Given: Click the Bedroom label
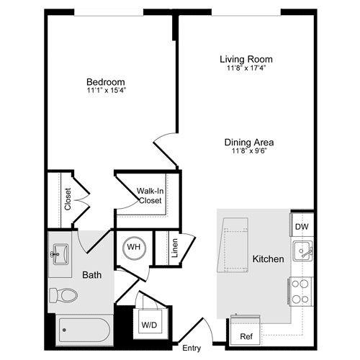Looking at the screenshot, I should [x=106, y=82].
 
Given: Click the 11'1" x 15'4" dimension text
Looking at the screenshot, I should [x=106, y=91].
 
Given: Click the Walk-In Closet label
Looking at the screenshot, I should [x=149, y=196].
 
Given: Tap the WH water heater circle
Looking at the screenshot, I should [x=134, y=247].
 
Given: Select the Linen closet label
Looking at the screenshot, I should [x=175, y=248].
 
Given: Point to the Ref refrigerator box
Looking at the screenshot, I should [x=246, y=336].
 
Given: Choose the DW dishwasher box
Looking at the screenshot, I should [x=302, y=227].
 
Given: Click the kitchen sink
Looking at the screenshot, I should [x=303, y=252].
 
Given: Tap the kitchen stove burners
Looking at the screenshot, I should [x=301, y=291].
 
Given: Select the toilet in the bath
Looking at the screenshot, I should [x=63, y=294].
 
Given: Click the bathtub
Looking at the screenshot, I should [x=83, y=331].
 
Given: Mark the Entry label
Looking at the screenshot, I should [x=192, y=348].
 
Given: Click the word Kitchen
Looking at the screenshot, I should [x=268, y=258].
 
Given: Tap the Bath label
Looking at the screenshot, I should [x=91, y=274].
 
